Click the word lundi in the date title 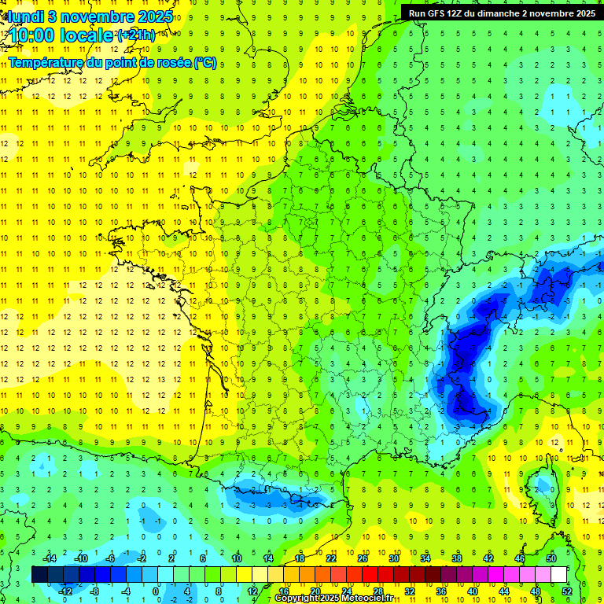pos(26,16)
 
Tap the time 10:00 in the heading pos(29,35)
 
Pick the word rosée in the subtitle pos(172,62)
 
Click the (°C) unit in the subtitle pos(205,62)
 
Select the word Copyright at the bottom pos(298,598)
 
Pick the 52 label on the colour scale pos(566,591)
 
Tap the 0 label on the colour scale pos(156,591)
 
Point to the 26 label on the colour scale pos(362,558)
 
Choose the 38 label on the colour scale pos(456,558)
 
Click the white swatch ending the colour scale pos(559,574)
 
